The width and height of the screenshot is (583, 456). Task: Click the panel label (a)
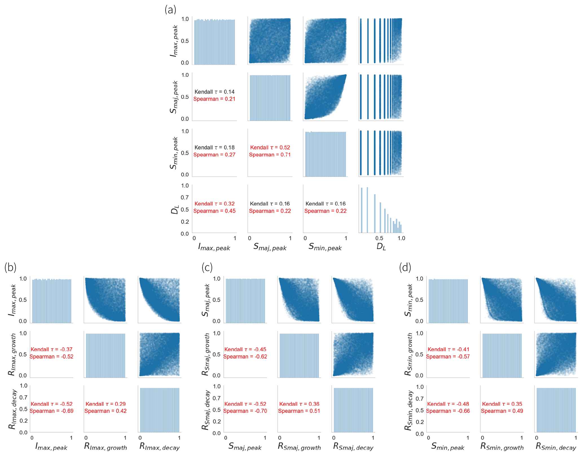point(170,10)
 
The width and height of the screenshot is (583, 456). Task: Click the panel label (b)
point(10,267)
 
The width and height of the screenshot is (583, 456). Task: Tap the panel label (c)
point(207,267)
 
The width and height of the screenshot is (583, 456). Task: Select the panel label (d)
point(405,267)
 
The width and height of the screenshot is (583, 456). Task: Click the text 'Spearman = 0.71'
point(270,155)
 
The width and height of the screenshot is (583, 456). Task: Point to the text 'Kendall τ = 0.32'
point(214,204)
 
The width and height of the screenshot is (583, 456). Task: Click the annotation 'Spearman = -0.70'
point(245,411)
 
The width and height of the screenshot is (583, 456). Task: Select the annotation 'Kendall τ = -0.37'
point(52,349)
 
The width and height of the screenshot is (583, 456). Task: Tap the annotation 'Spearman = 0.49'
point(502,411)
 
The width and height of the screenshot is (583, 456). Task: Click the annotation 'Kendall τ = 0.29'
point(105,404)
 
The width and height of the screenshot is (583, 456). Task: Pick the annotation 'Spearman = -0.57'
point(448,356)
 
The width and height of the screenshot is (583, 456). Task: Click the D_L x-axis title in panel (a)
point(381,247)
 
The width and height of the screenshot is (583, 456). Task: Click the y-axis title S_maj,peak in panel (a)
point(174,97)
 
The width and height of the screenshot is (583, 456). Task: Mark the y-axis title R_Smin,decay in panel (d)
point(408,410)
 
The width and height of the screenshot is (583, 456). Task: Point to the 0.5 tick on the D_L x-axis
point(379,238)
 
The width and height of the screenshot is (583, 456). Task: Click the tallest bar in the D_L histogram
point(367,210)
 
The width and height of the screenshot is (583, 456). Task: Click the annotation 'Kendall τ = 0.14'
point(214,92)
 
